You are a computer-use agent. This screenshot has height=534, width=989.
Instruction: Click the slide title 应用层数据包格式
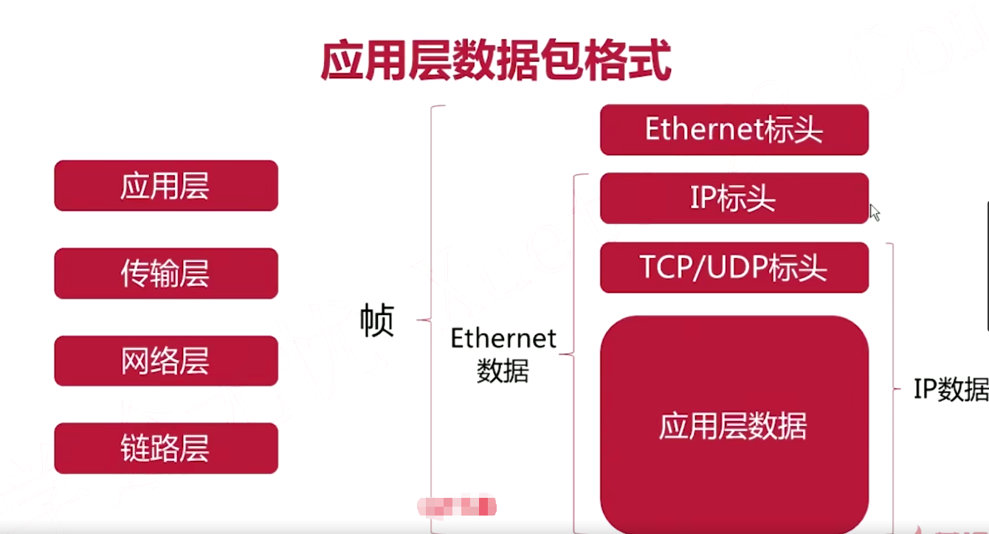point(495,60)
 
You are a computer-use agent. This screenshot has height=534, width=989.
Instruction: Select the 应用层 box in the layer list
point(166,186)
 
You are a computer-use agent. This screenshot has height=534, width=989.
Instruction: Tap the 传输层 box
point(166,274)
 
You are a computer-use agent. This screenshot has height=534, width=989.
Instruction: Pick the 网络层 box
point(166,361)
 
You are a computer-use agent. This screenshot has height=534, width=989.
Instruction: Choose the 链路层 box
point(166,448)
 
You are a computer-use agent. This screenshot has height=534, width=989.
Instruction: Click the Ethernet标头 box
point(734,130)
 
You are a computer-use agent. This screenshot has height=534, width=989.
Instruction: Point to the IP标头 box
point(734,198)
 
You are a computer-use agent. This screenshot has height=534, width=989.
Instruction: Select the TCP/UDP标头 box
point(734,268)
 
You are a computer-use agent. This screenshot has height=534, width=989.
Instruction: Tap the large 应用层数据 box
point(734,426)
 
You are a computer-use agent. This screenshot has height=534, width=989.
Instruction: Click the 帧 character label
point(377,321)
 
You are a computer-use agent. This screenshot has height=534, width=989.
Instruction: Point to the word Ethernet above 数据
point(503,339)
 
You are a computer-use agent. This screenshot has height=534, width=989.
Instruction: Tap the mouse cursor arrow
point(875,212)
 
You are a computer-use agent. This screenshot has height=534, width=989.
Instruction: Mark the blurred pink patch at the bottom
point(457,507)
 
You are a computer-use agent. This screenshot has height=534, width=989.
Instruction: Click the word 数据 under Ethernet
point(503,371)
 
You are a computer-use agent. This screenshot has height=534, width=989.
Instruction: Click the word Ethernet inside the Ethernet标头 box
point(702,130)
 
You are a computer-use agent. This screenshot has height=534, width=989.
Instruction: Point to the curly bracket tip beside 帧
point(418,320)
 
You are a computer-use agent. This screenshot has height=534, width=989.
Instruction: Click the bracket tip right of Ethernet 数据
point(562,355)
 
